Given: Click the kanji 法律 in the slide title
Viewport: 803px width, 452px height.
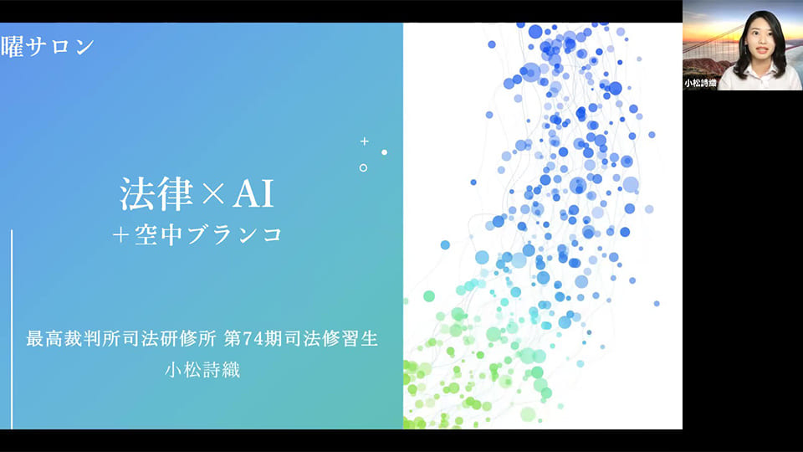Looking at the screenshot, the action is click(x=156, y=193).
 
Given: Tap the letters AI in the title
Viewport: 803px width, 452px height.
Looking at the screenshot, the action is click(x=253, y=194).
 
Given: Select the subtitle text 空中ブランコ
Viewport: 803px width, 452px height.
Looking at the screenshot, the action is click(x=208, y=234).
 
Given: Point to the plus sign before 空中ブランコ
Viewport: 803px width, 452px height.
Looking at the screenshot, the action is click(x=120, y=235).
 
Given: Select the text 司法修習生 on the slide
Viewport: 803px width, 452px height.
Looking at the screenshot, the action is click(x=331, y=339).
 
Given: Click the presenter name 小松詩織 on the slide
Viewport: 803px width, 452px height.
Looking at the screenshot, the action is click(x=202, y=370).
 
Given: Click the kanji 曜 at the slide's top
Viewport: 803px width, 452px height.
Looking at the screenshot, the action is click(x=12, y=47).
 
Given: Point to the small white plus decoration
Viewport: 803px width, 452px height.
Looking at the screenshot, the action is click(x=364, y=141).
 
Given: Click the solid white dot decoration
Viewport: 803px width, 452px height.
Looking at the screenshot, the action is click(x=384, y=152).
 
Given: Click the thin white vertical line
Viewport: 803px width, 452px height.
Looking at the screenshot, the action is click(x=12, y=330).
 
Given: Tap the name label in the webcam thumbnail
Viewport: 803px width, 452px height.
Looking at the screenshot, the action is click(x=700, y=83).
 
